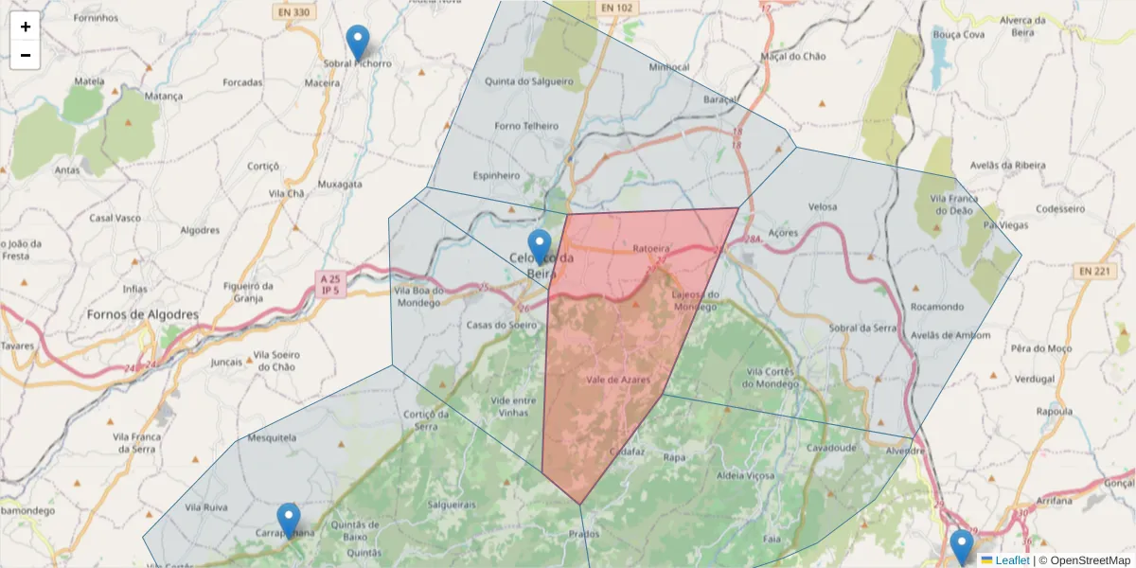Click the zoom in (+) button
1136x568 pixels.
coord(26,27)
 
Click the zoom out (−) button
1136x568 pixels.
coord(26,55)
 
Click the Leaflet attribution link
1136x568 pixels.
coord(1012,560)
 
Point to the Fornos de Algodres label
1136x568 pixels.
coord(143,314)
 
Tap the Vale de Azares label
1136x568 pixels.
coord(618,379)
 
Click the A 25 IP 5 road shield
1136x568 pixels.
coord(329,284)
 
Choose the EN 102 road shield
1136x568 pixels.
coord(615,8)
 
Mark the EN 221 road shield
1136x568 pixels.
coord(1095,272)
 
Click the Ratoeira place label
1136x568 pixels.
coord(650,250)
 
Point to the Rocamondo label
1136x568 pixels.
coord(936,307)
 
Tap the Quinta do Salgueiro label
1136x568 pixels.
coord(529,81)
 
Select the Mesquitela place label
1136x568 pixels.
coord(272,438)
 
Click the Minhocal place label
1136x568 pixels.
coord(669,68)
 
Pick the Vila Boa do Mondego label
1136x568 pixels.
coord(417,297)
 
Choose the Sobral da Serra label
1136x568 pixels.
coord(861,328)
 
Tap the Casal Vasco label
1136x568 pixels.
coord(115,218)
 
